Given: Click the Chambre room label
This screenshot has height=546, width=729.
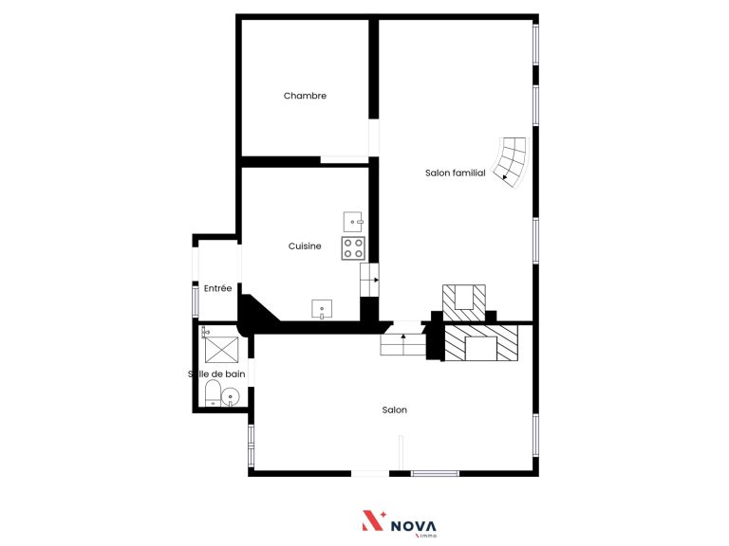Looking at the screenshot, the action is (x=305, y=96).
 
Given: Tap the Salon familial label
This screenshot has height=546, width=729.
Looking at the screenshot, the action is (x=456, y=173).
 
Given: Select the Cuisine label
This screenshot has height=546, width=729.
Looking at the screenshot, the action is (x=305, y=246).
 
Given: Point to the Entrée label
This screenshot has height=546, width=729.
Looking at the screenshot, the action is (x=217, y=288).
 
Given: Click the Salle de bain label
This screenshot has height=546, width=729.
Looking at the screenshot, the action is (x=216, y=373).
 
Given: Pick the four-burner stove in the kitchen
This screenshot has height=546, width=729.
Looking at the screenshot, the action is (x=353, y=248).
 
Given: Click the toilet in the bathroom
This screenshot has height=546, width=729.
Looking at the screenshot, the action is (x=213, y=392).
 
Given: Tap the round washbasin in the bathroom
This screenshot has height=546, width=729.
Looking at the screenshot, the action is (x=230, y=397).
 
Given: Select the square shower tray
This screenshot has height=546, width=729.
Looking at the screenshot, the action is (x=221, y=350).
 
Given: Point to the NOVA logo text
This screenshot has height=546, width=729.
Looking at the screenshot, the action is (x=413, y=526).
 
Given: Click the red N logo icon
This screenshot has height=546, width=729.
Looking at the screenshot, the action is (x=373, y=520).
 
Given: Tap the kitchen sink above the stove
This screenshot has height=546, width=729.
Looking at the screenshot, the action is (x=353, y=222).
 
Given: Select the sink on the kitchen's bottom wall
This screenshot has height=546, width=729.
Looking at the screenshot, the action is (x=322, y=309).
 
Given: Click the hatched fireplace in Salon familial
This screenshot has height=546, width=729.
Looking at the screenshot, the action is (x=464, y=302).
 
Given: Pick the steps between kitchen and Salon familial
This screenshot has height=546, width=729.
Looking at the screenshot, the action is (x=369, y=280).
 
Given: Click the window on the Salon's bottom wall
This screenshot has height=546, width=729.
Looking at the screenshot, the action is (x=435, y=474).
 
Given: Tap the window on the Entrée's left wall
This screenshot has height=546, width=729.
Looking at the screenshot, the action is (x=196, y=300).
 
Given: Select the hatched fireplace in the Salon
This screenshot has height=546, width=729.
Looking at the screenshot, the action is (x=481, y=343).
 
